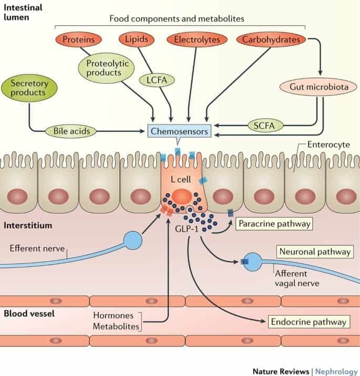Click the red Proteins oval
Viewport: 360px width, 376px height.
(75, 39)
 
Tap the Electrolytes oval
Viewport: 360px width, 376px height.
(197, 39)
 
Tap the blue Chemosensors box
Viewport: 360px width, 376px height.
(178, 130)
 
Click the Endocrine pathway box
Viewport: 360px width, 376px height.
(308, 321)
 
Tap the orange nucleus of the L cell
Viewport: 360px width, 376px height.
(181, 196)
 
